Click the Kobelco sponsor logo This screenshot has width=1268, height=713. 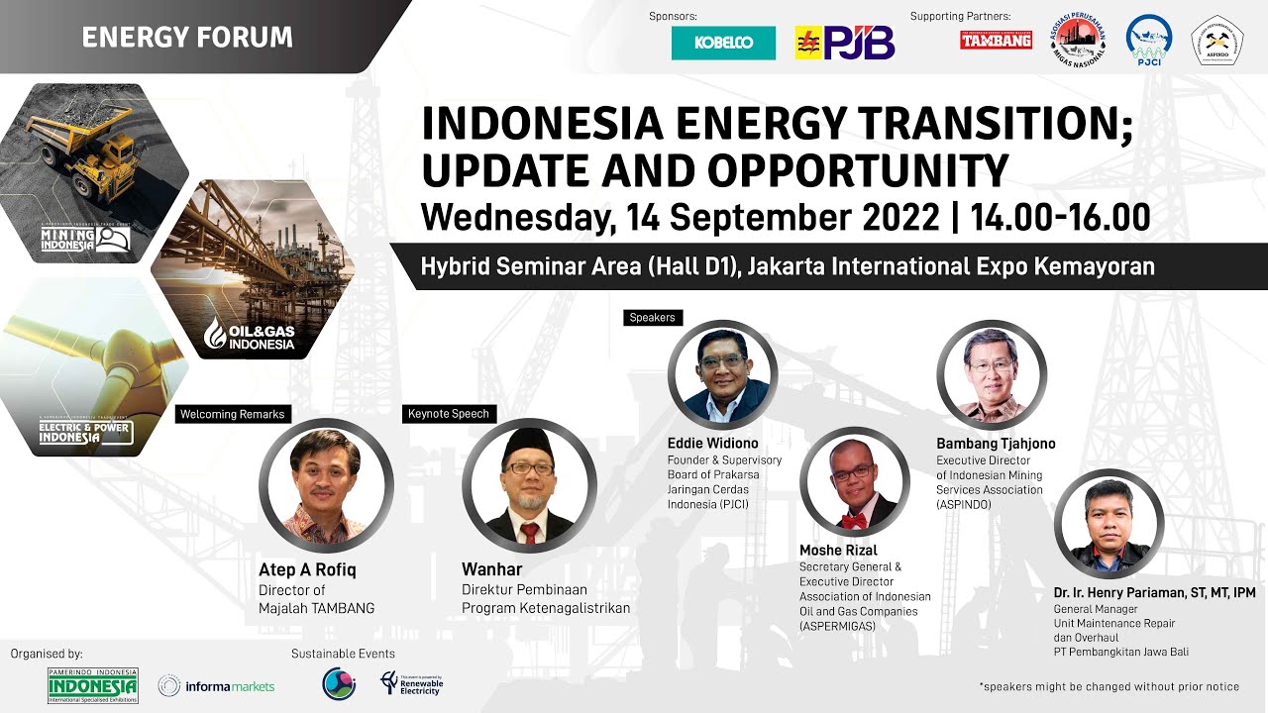[723, 43]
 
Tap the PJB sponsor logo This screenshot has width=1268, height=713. [845, 43]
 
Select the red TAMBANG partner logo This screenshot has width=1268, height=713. [996, 41]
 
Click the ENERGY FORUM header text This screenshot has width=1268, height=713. [187, 38]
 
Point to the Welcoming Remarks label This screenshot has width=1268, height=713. [233, 414]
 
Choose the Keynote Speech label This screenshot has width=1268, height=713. [449, 414]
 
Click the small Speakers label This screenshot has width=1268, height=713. [653, 318]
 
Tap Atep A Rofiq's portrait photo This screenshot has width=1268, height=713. [326, 485]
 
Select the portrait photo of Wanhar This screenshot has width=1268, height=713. [529, 486]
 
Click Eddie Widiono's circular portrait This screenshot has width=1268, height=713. [722, 374]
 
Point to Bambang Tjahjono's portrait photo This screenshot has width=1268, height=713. [992, 374]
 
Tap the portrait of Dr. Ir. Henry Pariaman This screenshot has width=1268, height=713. [1108, 523]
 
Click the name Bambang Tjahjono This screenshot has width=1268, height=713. [996, 444]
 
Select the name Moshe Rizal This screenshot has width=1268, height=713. [838, 551]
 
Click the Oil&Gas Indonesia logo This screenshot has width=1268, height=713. [250, 335]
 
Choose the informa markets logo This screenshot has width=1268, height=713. [217, 685]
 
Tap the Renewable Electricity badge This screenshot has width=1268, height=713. [412, 683]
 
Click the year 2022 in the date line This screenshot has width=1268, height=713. [898, 216]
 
